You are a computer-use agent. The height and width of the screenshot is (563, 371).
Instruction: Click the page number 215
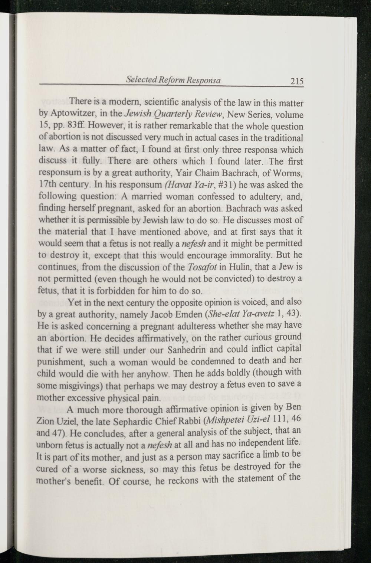tap(297, 81)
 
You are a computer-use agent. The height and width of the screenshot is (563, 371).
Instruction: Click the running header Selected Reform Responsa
tap(174, 80)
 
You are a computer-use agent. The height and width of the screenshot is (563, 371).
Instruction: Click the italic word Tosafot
tap(200, 267)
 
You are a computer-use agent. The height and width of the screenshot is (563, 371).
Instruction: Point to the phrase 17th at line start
tap(46, 185)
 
